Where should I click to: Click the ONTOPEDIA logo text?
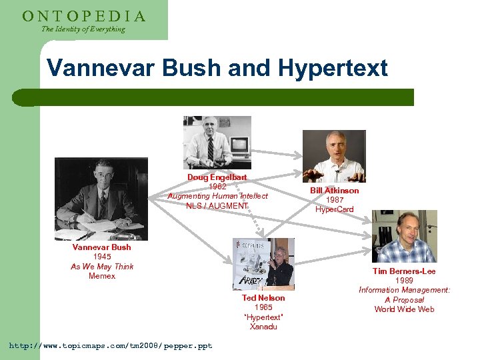click(x=84, y=16)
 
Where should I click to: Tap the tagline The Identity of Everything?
click(x=83, y=29)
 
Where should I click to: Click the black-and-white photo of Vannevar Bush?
click(x=101, y=199)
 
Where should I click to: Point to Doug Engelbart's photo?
click(x=217, y=143)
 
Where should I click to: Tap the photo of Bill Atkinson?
click(x=334, y=156)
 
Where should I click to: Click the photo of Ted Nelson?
click(x=263, y=263)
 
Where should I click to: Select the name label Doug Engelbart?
click(x=217, y=177)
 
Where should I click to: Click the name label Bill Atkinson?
click(x=334, y=191)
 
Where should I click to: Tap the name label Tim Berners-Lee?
click(x=404, y=271)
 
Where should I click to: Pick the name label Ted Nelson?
click(x=263, y=298)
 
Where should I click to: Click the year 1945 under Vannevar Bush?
click(x=102, y=257)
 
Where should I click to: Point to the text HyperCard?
click(x=334, y=209)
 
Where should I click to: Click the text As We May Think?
click(x=102, y=267)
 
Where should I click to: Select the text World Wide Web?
click(x=404, y=309)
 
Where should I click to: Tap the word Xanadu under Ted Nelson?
click(x=263, y=327)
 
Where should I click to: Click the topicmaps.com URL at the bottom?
click(x=110, y=346)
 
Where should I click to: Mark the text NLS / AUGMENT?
click(x=217, y=205)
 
